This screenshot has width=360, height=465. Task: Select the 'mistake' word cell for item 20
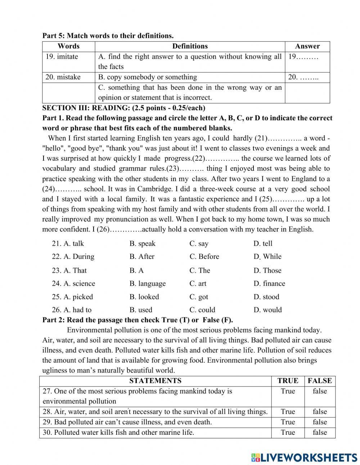(63, 77)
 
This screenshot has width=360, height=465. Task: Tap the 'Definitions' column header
(190, 46)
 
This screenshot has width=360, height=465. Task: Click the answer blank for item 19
(303, 57)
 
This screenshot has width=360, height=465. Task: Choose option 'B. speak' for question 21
(142, 243)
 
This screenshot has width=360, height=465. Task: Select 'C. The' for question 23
(200, 270)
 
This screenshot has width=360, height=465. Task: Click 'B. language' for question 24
(148, 283)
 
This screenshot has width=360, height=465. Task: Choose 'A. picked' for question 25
(72, 297)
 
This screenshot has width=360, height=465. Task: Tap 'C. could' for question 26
(202, 310)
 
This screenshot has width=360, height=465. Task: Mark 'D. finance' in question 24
(269, 283)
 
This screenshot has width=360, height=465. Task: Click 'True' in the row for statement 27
(288, 391)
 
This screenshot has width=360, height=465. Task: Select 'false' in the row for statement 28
(320, 411)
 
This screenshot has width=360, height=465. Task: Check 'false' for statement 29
(320, 422)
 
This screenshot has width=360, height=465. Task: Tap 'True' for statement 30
(288, 432)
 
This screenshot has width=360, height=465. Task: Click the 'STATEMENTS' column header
(155, 381)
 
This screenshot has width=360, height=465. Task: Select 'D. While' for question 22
(267, 256)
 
